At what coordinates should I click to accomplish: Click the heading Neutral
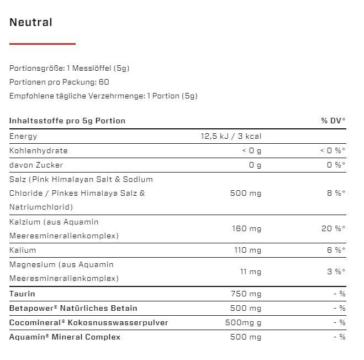coord(31,23)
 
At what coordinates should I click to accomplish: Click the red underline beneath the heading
coord(43,44)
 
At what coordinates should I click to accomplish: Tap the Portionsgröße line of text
coord(70,68)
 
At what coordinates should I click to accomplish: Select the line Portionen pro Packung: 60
coord(59,82)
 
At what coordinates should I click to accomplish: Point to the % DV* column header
coord(333,121)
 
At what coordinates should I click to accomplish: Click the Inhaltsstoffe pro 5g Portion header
coord(67,121)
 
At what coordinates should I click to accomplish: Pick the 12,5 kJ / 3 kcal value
coord(231,136)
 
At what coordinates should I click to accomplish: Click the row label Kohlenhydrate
coord(39,150)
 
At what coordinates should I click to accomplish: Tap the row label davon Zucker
coord(36,165)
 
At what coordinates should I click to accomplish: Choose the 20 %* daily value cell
coord(334,228)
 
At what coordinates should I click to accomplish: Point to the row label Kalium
coord(23,250)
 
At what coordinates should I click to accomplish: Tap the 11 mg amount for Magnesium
coord(250,272)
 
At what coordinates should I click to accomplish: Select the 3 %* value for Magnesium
coord(336,272)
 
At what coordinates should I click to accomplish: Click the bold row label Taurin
coord(22,294)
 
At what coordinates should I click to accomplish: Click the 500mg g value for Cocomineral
coord(243,322)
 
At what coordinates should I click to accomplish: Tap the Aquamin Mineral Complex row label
coord(65,337)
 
